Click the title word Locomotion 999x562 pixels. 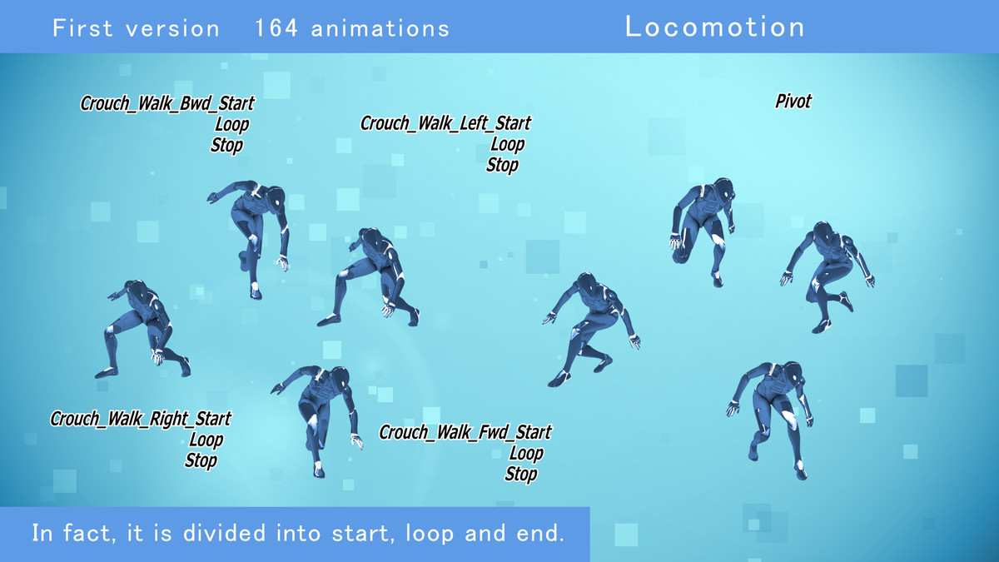click(x=714, y=27)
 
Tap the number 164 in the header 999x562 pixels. click(x=276, y=28)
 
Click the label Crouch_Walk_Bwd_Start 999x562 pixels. click(x=167, y=104)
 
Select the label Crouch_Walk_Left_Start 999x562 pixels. click(x=445, y=123)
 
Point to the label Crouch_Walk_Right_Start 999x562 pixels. click(x=141, y=419)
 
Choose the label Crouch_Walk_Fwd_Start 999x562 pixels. click(x=465, y=433)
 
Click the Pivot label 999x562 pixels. click(x=793, y=102)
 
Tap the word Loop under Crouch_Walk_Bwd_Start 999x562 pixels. click(x=232, y=125)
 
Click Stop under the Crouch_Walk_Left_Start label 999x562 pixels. click(x=502, y=165)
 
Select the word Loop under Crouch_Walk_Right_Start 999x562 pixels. click(x=206, y=440)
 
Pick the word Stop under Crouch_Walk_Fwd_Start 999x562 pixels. click(x=521, y=475)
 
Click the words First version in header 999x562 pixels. click(x=136, y=28)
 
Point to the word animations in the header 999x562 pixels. click(x=380, y=28)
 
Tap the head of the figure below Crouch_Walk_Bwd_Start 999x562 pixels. click(x=273, y=196)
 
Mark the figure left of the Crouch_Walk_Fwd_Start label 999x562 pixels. click(x=321, y=416)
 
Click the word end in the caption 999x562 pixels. click(x=542, y=534)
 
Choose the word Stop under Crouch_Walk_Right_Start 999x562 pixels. click(x=201, y=460)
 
